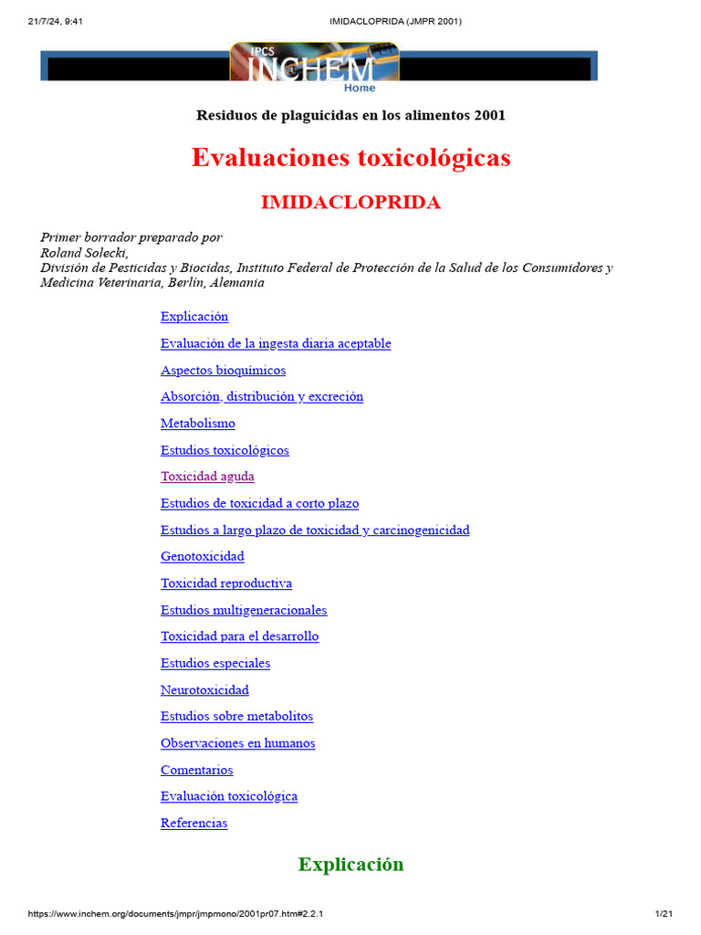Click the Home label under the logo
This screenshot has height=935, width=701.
point(359,88)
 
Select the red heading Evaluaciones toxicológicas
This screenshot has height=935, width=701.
point(350,158)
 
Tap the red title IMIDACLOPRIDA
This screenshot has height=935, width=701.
point(350,203)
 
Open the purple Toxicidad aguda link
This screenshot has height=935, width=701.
point(207,477)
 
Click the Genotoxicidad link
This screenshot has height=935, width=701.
point(202,556)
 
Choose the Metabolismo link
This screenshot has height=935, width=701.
point(197,424)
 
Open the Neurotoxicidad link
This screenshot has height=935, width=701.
point(204,689)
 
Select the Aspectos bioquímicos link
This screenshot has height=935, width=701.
point(223,370)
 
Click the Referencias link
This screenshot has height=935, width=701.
point(194,823)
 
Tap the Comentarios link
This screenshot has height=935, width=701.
point(196,770)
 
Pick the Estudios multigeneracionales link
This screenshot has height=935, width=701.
point(244,610)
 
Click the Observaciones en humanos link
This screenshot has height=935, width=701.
point(237,743)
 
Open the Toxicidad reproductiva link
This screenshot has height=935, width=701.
point(226,583)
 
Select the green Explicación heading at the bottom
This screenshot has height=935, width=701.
point(350,865)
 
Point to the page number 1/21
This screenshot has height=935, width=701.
point(664,914)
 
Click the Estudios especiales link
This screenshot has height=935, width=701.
point(215,663)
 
